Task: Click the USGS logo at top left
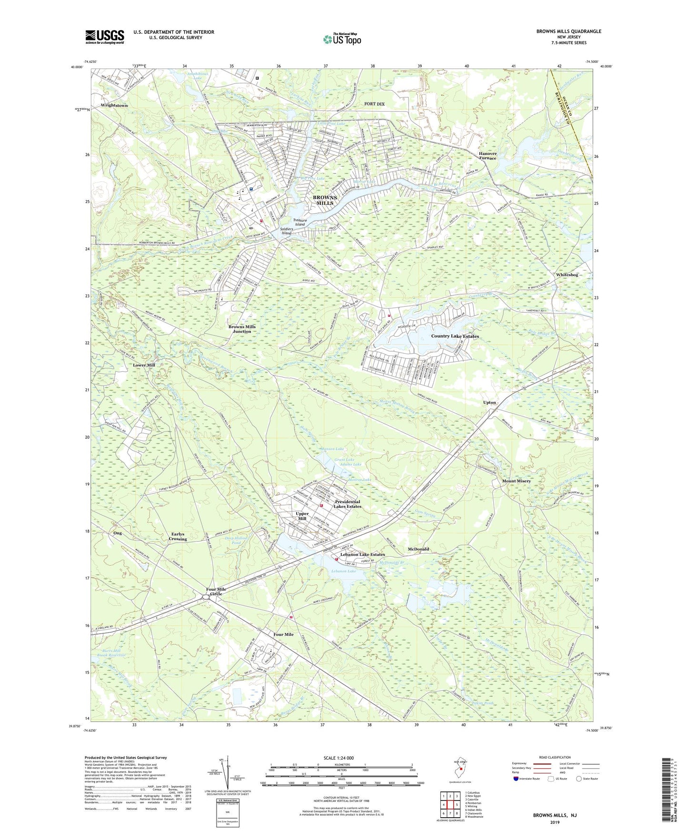point(105,36)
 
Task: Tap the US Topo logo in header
point(342,39)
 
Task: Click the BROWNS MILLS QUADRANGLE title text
point(568,31)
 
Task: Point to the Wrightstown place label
point(114,105)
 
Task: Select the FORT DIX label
point(374,104)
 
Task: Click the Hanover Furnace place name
point(488,156)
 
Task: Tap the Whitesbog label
point(567,275)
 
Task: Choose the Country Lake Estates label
point(455,336)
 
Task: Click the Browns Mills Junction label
point(242,329)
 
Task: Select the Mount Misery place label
point(516,481)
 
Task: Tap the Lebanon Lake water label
point(345,571)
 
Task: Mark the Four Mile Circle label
point(216,591)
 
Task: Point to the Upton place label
point(489,403)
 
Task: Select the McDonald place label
point(419,549)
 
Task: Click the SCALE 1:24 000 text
point(339,758)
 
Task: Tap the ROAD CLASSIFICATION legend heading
point(554,757)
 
